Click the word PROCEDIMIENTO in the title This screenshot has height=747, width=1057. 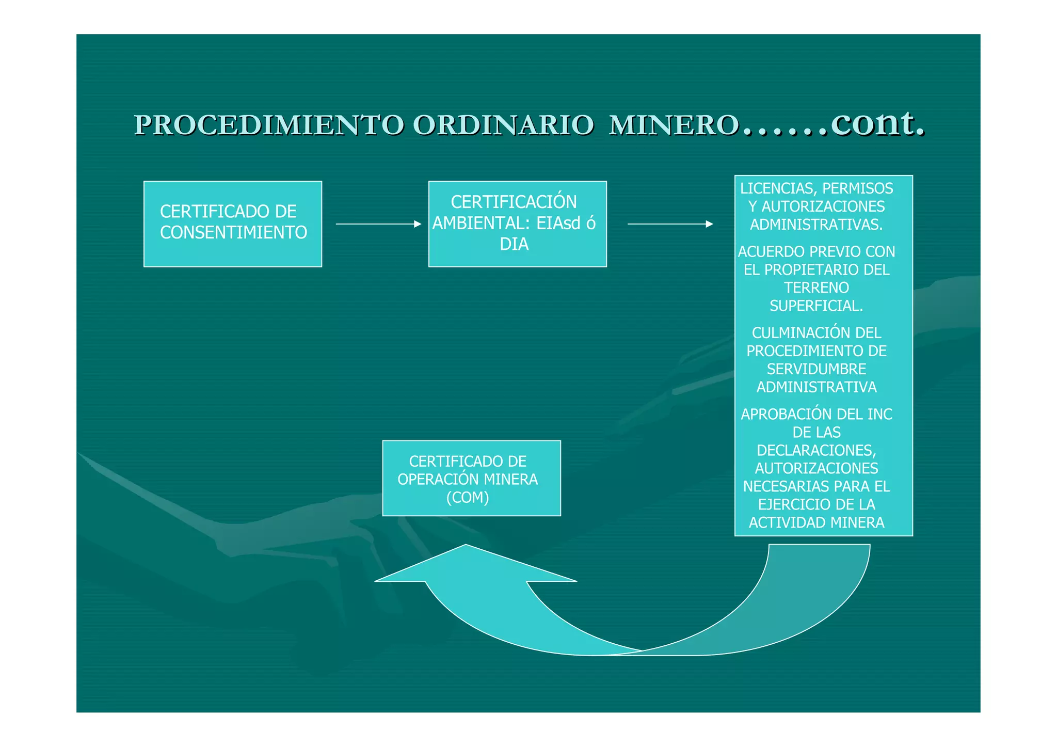tap(269, 125)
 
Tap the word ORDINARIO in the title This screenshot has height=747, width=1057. tap(503, 125)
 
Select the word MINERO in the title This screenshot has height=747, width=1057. tap(674, 125)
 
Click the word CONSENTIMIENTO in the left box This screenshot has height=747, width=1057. tap(233, 233)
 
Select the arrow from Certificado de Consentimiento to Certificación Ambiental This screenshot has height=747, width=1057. tap(378, 224)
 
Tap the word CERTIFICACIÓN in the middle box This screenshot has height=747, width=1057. tap(514, 202)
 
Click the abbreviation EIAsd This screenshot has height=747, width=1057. tap(558, 223)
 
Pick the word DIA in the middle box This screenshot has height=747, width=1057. tap(514, 244)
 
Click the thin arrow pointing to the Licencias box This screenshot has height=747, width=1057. tap(670, 224)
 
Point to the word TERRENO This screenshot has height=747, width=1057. tap(816, 288)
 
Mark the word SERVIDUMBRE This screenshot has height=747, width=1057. tap(816, 369)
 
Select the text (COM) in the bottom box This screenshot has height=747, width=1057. tap(468, 498)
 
